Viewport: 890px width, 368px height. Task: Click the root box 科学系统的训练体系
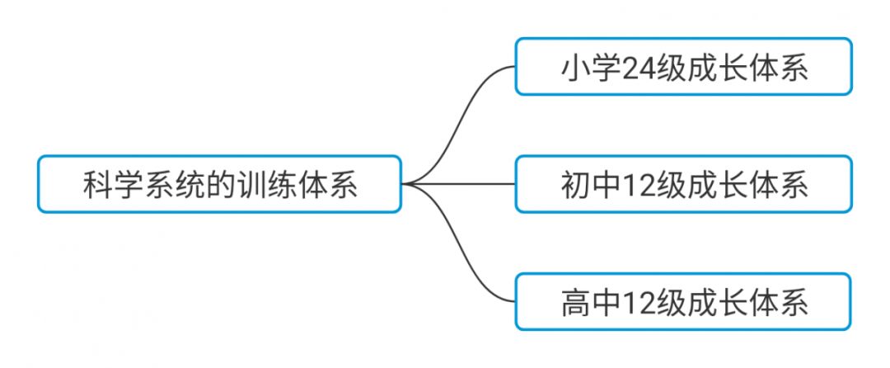(219, 184)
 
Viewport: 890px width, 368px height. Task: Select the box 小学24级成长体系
(683, 67)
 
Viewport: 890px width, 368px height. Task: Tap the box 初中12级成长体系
(683, 184)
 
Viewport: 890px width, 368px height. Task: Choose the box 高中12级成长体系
(683, 302)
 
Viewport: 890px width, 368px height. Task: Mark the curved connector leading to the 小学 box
(461, 116)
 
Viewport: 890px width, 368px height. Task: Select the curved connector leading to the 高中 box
(461, 252)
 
